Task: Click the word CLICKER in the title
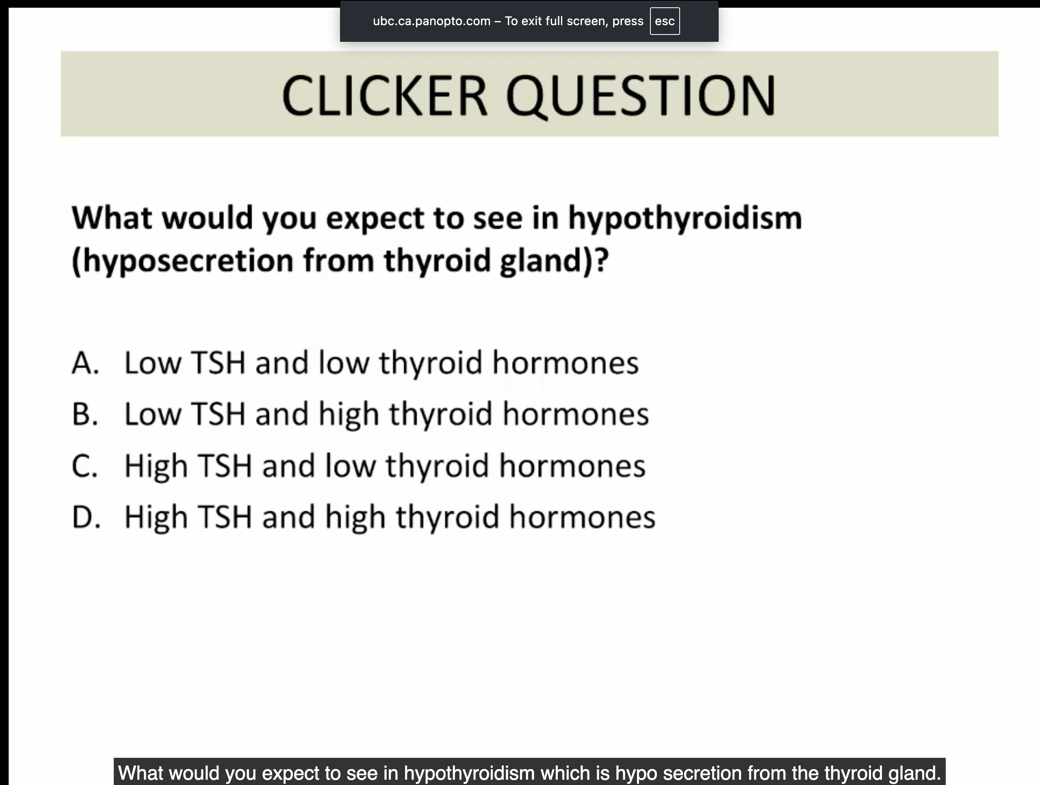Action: [x=384, y=95]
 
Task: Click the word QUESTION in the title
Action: [x=640, y=96]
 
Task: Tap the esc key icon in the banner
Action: [x=664, y=21]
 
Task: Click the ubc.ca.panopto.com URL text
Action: [x=431, y=21]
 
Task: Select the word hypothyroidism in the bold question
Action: [x=685, y=219]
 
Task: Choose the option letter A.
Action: [x=85, y=363]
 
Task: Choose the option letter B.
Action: [x=85, y=414]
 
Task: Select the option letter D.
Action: [x=86, y=517]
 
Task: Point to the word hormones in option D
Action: [x=583, y=517]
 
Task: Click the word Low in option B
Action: [x=153, y=414]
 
